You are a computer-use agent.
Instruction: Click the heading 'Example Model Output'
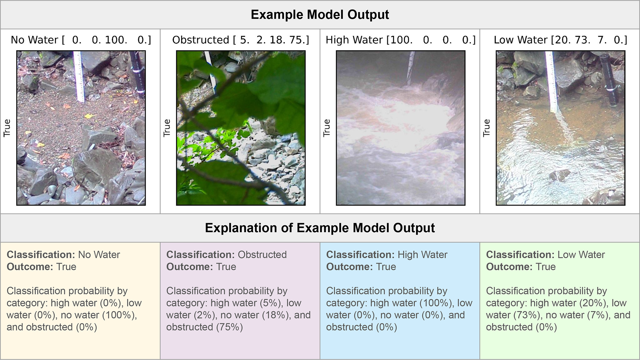pyautogui.click(x=320, y=15)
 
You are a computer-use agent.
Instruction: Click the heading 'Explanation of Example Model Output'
pyautogui.click(x=320, y=228)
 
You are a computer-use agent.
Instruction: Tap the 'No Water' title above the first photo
pyautogui.click(x=34, y=40)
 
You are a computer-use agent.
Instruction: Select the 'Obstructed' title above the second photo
pyautogui.click(x=201, y=40)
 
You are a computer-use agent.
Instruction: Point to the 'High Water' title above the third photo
pyautogui.click(x=354, y=40)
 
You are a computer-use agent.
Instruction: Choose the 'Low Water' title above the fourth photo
pyautogui.click(x=521, y=40)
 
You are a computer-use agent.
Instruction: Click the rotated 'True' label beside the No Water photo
pyautogui.click(x=7, y=128)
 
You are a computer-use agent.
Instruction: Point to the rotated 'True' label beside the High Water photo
pyautogui.click(x=327, y=128)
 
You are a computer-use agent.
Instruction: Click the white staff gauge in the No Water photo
pyautogui.click(x=79, y=76)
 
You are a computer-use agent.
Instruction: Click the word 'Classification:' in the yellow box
pyautogui.click(x=41, y=254)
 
